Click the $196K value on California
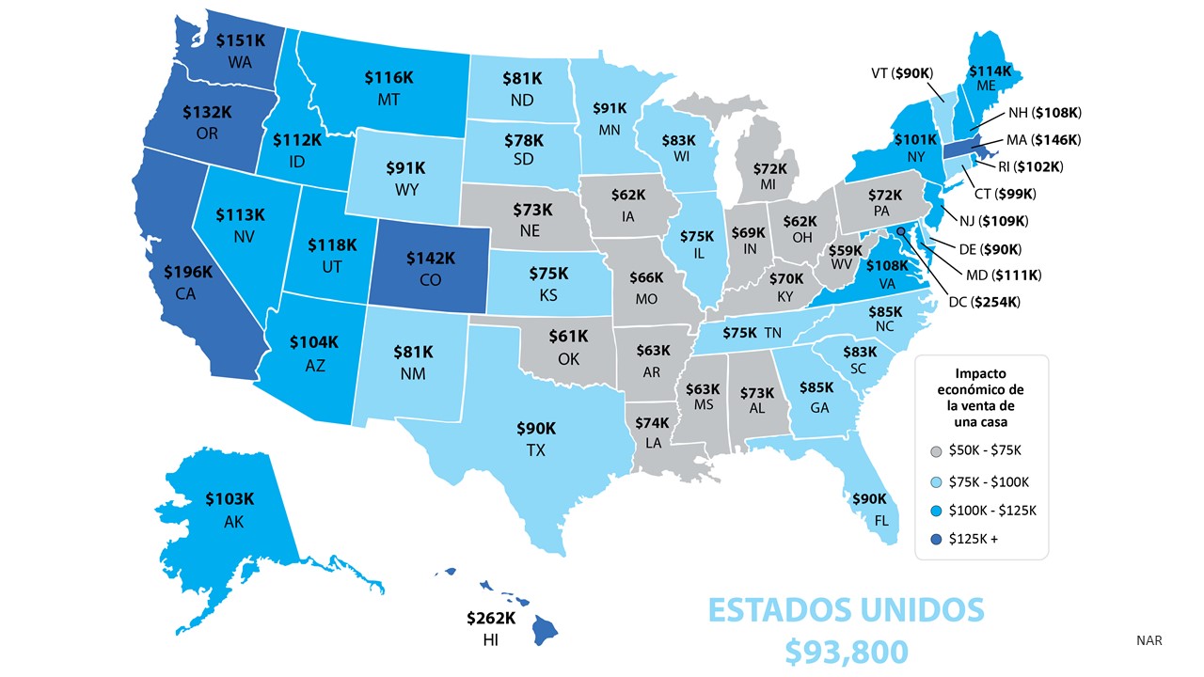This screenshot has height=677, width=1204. (188, 273)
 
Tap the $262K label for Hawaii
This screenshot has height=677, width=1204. (491, 618)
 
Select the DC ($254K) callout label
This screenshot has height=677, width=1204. (984, 302)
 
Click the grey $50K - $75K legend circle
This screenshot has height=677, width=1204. (935, 450)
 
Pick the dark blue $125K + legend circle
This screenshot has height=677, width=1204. (935, 539)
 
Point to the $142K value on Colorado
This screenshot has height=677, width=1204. (431, 257)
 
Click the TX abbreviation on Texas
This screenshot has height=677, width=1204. (535, 450)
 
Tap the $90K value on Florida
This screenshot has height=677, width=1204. (869, 498)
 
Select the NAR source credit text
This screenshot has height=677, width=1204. (1149, 640)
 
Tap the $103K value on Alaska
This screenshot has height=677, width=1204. (232, 498)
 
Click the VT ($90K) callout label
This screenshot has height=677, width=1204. (901, 72)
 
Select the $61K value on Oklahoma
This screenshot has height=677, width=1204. (568, 336)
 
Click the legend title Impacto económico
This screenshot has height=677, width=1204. (982, 380)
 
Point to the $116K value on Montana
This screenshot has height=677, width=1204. (389, 77)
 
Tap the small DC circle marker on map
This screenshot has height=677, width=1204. (901, 230)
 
